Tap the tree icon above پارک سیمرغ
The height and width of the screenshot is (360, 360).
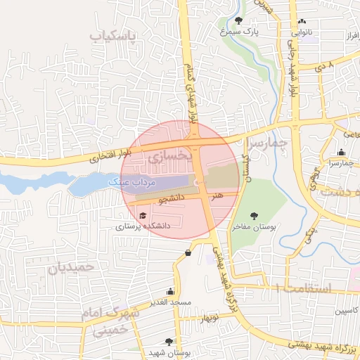[239, 20]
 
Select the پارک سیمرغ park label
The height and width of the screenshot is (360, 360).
[239, 32]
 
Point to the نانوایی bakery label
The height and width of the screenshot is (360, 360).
[302, 32]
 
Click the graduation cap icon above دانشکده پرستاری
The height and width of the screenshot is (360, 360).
[143, 216]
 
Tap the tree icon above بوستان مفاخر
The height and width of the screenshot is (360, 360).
[254, 216]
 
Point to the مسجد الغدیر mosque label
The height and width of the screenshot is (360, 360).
[171, 303]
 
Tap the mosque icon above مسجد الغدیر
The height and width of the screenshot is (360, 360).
[170, 292]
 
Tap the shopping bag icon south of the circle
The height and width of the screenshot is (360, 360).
[188, 253]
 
